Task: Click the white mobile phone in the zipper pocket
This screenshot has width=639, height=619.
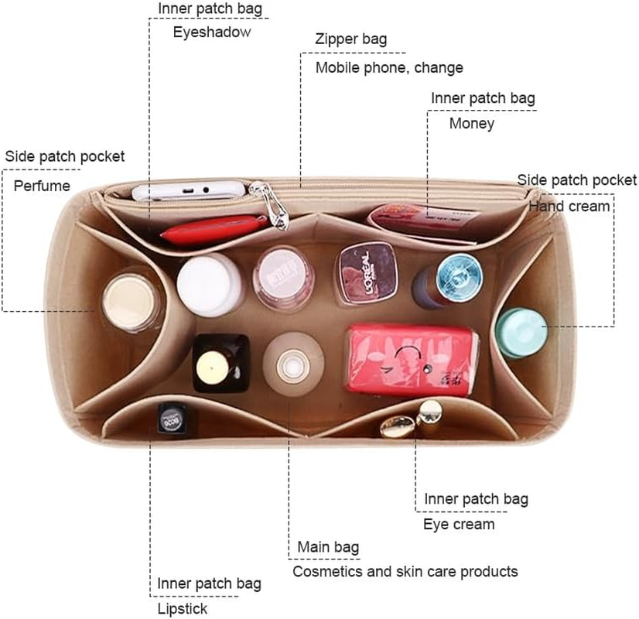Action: pyautogui.click(x=189, y=190)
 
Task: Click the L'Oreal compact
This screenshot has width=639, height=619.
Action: pyautogui.click(x=366, y=273)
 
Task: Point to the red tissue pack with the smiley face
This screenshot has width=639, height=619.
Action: pyautogui.click(x=412, y=360)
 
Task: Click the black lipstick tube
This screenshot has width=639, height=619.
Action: pyautogui.click(x=173, y=418)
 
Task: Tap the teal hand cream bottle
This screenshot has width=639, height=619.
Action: pyautogui.click(x=521, y=333)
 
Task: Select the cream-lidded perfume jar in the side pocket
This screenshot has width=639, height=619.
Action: pyautogui.click(x=131, y=302)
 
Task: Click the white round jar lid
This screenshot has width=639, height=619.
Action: pyautogui.click(x=209, y=285)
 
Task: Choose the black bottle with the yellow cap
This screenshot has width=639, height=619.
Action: pyautogui.click(x=220, y=364)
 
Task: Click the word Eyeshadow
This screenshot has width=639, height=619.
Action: pyautogui.click(x=212, y=32)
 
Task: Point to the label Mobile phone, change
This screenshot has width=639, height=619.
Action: pyautogui.click(x=389, y=67)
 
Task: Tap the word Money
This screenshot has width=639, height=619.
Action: pyautogui.click(x=471, y=123)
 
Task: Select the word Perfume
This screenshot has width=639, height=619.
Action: pyautogui.click(x=42, y=186)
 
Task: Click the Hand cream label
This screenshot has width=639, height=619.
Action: pyautogui.click(x=569, y=206)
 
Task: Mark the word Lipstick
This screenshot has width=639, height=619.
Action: pyautogui.click(x=182, y=609)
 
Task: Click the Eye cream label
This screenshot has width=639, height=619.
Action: pyautogui.click(x=459, y=524)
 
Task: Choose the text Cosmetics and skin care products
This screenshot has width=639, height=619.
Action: pyautogui.click(x=405, y=571)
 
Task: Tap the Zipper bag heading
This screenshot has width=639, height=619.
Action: pyautogui.click(x=351, y=39)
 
